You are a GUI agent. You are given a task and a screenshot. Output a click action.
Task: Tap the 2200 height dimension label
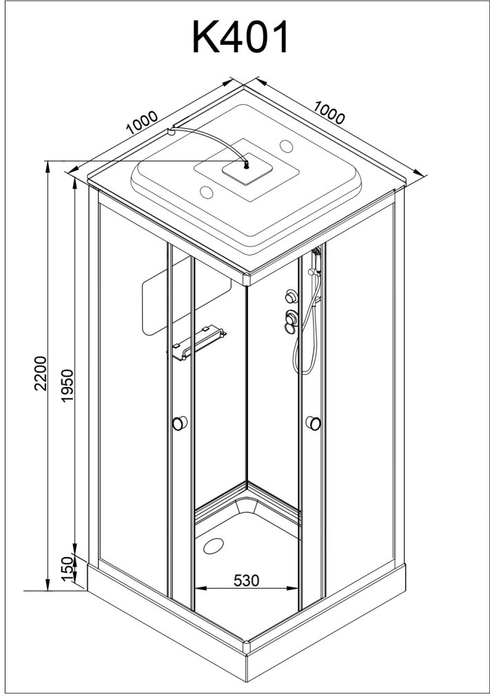41,373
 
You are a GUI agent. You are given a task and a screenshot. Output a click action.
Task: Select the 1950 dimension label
67,385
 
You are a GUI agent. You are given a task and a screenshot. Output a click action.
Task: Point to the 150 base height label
67,569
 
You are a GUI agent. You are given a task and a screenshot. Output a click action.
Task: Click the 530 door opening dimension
246,580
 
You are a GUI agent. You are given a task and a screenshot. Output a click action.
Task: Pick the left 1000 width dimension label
142,123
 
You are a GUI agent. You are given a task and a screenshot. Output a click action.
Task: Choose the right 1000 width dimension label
329,112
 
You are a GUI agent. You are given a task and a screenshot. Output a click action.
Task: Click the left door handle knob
179,423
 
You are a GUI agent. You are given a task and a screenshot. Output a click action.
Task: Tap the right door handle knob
314,423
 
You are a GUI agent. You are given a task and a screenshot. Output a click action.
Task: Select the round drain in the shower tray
214,546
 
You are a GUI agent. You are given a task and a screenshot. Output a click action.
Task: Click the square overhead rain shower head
245,167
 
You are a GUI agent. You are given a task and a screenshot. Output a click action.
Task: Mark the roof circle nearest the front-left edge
207,192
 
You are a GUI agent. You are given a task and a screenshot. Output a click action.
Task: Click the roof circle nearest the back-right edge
286,145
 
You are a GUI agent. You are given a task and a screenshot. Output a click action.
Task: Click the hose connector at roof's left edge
171,132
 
